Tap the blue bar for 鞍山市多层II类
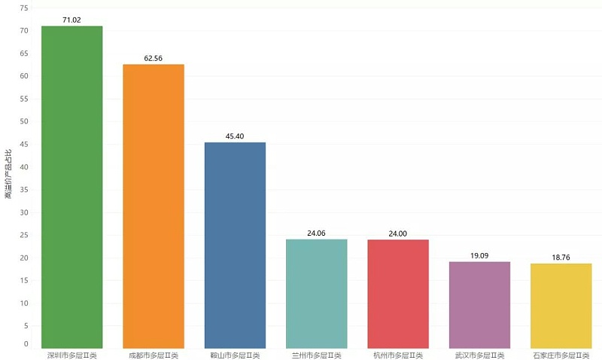tap(235, 245)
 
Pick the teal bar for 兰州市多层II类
tap(317, 293)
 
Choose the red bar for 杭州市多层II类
tap(398, 293)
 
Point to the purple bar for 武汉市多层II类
tap(479, 304)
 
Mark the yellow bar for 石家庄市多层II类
tap(561, 305)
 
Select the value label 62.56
tap(154, 58)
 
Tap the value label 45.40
tap(235, 136)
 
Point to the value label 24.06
tap(317, 233)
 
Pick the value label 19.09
tap(479, 256)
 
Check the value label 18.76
tap(561, 258)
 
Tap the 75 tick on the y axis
tap(24, 8)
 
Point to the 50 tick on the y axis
tap(24, 121)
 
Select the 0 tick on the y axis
tap(26, 344)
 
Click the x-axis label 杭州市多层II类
tap(398, 355)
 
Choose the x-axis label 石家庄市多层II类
tap(561, 355)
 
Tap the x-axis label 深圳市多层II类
tap(72, 355)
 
